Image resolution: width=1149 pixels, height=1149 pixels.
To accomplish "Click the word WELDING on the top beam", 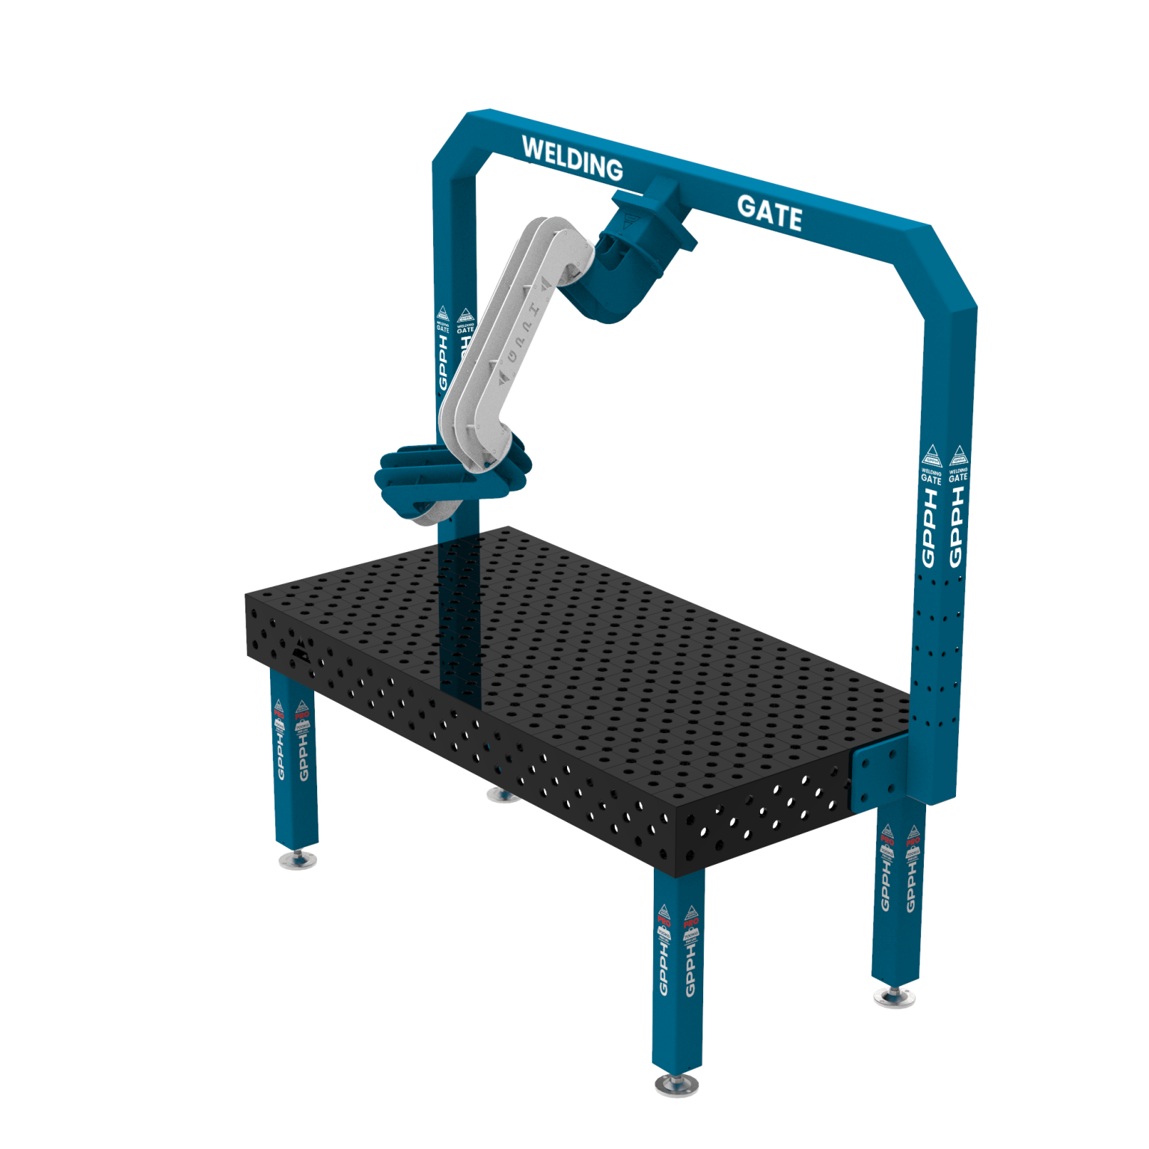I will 572,157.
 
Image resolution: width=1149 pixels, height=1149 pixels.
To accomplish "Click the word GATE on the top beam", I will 769,212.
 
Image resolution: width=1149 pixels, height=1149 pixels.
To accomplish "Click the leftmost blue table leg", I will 293,756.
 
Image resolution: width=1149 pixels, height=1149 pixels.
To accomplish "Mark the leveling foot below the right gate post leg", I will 895,996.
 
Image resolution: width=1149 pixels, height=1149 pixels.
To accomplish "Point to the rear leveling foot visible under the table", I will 501,794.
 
